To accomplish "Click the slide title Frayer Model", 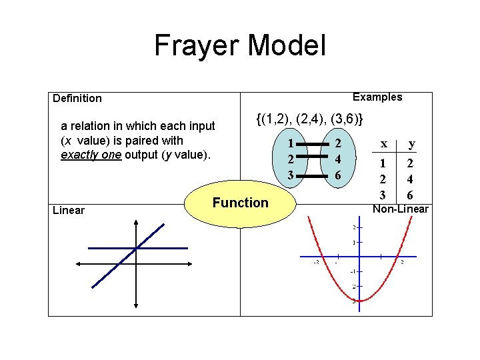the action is [x=240, y=45].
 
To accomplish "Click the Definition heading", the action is [x=77, y=99].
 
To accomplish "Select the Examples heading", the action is [x=377, y=97].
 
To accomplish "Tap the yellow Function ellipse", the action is [x=240, y=203].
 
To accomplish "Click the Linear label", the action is [x=69, y=211].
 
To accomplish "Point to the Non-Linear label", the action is [x=400, y=209].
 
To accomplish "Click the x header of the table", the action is [x=383, y=143].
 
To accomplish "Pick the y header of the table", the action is [x=411, y=143].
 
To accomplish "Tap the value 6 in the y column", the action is [x=411, y=195].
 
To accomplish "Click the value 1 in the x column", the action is [x=383, y=163].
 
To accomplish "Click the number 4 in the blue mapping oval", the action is [x=339, y=159].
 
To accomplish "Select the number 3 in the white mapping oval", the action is [x=290, y=175].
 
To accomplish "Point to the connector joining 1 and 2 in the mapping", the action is [x=314, y=144].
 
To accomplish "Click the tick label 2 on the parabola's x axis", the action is [x=402, y=262].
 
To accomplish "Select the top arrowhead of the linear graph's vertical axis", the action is [x=136, y=225].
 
